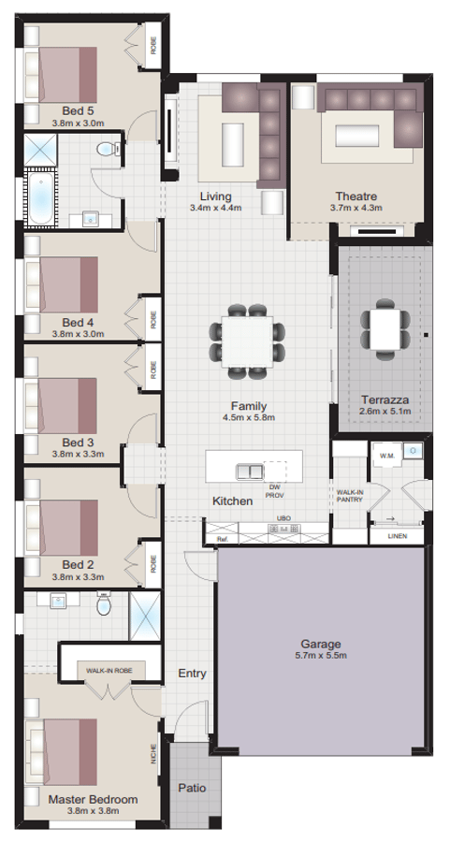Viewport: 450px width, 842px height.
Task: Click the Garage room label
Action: pos(320,644)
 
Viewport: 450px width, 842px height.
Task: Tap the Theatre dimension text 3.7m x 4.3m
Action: pos(356,208)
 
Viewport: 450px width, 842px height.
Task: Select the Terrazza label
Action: pos(385,399)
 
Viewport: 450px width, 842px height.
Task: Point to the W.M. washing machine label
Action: pos(385,456)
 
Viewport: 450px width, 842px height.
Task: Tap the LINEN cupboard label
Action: pos(397,536)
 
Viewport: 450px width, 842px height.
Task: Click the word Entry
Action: pos(192,673)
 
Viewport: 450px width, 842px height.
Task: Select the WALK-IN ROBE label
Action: pos(108,670)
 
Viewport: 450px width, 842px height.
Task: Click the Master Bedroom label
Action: pos(93,800)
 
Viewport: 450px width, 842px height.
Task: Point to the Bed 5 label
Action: pos(78,109)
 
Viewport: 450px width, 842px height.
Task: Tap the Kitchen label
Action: pos(232,501)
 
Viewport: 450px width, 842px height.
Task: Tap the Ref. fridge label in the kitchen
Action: pos(222,539)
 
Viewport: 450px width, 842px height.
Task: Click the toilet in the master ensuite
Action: pos(104,606)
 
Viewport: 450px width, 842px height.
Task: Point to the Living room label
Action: pos(215,196)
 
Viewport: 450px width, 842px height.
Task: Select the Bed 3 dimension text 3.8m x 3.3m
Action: pos(78,454)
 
